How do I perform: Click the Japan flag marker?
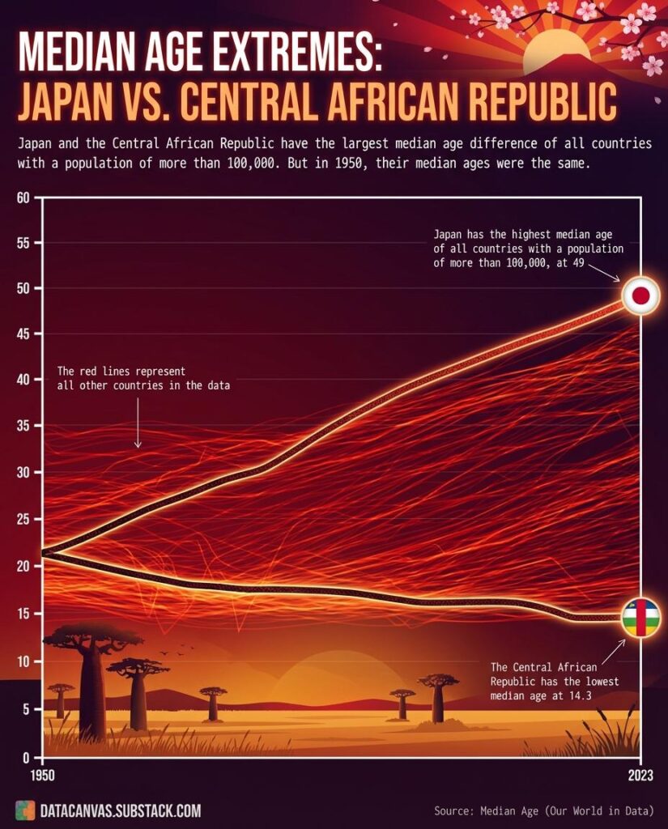click(640, 296)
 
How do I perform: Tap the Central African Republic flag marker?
click(640, 618)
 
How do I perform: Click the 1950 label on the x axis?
click(42, 774)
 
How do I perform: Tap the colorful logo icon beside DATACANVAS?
click(24, 810)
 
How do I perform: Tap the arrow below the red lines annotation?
click(138, 425)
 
